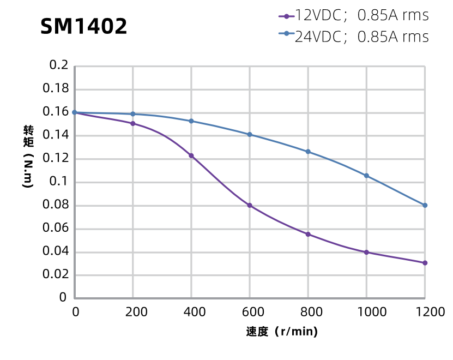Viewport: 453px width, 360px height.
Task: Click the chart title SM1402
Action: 84,26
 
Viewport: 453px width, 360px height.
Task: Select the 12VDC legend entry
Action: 353,15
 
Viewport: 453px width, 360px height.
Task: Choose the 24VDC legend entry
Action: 353,37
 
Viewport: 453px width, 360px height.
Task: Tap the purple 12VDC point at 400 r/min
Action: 191,156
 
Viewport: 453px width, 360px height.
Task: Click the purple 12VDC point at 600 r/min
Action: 250,206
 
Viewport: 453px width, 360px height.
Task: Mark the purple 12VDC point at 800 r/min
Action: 308,235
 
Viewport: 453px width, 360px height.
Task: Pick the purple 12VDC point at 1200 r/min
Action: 425,263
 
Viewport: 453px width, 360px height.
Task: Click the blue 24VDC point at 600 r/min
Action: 250,135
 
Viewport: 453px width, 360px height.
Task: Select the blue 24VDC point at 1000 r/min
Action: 366,176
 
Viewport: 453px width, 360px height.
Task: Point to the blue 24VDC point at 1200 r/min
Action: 425,206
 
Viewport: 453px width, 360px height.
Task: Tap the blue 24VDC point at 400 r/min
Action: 191,121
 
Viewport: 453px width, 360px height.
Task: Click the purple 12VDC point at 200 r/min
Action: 133,124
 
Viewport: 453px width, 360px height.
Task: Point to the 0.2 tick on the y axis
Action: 58,65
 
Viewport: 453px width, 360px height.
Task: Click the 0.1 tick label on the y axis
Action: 58,182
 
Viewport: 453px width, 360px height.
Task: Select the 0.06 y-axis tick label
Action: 55,228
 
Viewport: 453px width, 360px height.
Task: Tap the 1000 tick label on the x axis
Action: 366,312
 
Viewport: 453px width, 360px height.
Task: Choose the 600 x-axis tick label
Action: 250,312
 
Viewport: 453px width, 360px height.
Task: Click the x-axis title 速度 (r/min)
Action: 282,332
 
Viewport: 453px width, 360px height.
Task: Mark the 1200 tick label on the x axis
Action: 425,312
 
